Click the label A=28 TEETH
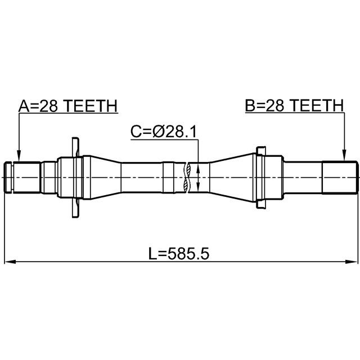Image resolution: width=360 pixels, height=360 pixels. [68, 106]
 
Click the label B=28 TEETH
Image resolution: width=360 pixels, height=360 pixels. [295, 105]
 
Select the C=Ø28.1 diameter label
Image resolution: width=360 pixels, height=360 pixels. [164, 132]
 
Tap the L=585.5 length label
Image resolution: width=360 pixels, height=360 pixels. [179, 254]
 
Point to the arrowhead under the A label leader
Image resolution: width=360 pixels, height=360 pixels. [19, 156]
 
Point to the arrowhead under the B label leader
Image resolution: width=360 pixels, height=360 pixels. [344, 155]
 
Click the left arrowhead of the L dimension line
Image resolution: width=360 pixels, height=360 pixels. [10, 262]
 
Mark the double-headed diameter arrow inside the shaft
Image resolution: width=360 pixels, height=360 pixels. [199, 178]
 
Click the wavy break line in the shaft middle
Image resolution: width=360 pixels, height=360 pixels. [186, 178]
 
